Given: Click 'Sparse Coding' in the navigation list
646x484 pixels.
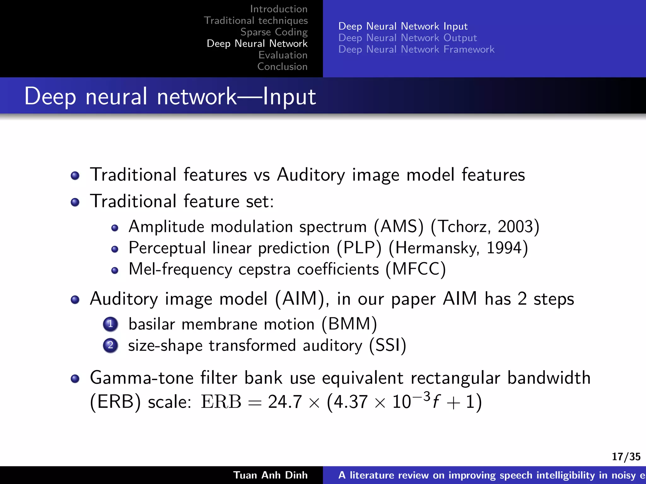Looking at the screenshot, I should (274, 32).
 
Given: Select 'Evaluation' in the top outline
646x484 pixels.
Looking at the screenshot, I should (283, 55).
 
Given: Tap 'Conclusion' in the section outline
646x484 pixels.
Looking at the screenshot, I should (282, 67).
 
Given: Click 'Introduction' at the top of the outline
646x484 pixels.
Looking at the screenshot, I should (279, 9).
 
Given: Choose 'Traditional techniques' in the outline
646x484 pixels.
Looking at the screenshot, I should (256, 20).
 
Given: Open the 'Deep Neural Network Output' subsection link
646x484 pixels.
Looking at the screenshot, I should (407, 38).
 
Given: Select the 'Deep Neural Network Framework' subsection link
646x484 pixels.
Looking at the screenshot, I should (416, 49).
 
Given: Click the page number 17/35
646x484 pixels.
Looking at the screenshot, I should (626, 457).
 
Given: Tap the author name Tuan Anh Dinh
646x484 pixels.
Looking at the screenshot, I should (270, 475).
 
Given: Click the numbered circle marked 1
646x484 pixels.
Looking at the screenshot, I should (110, 324).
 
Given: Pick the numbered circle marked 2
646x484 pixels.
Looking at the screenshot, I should (110, 345).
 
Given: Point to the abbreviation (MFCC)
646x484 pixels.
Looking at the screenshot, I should (416, 269).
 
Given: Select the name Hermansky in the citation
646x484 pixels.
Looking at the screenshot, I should (437, 248).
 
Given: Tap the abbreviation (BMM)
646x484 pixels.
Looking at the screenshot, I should (349, 324).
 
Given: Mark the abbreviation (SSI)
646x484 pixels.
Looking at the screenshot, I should (388, 345).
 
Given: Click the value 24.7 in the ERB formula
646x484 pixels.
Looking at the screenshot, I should (285, 402).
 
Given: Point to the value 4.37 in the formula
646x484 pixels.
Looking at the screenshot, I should (350, 402).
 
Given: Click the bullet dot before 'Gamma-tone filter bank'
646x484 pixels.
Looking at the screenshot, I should (75, 378).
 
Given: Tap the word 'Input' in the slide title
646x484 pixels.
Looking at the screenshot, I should (289, 96).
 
